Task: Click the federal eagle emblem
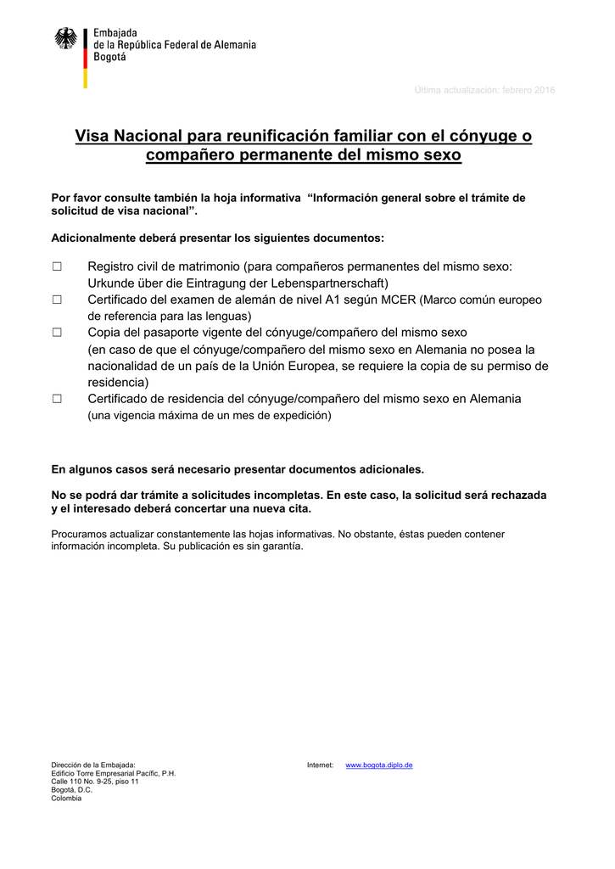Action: click(65, 39)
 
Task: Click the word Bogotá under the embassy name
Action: click(109, 58)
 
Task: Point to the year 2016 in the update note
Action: click(544, 91)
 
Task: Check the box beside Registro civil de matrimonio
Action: click(57, 266)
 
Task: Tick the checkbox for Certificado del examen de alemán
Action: click(57, 300)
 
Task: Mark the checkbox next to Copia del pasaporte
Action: click(57, 333)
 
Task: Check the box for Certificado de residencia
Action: click(57, 399)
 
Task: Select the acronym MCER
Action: click(398, 300)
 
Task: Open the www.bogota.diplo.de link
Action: click(378, 765)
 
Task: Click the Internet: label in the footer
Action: click(320, 765)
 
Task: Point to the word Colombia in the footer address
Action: click(66, 799)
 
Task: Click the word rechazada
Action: click(516, 495)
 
